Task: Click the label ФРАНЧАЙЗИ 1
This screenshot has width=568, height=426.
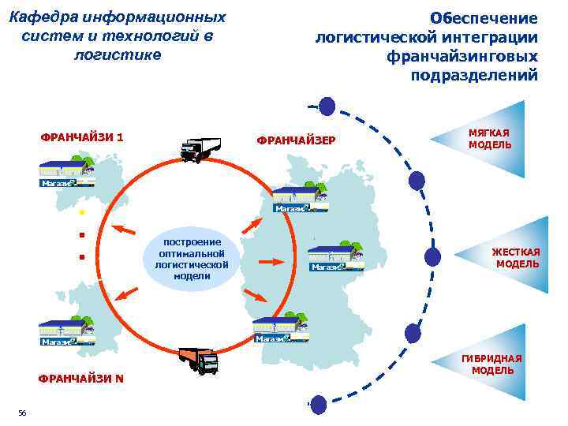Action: point(82,136)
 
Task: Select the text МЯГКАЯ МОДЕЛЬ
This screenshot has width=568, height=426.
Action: point(489,139)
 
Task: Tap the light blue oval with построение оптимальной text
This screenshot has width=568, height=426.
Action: point(192,258)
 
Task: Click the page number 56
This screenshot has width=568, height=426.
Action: point(22,413)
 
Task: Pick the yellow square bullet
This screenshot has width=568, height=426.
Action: point(80,214)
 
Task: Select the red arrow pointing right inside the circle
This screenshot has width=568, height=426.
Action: point(271,260)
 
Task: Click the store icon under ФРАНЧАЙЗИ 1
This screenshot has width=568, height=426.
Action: point(68,172)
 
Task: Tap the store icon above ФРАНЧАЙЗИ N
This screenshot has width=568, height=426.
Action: point(68,332)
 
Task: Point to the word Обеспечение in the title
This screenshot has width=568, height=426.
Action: point(484,17)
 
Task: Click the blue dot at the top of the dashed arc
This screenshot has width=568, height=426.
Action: point(326,106)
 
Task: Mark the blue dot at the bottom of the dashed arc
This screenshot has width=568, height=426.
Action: point(316,404)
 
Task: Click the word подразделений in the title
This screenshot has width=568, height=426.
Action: point(474,75)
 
